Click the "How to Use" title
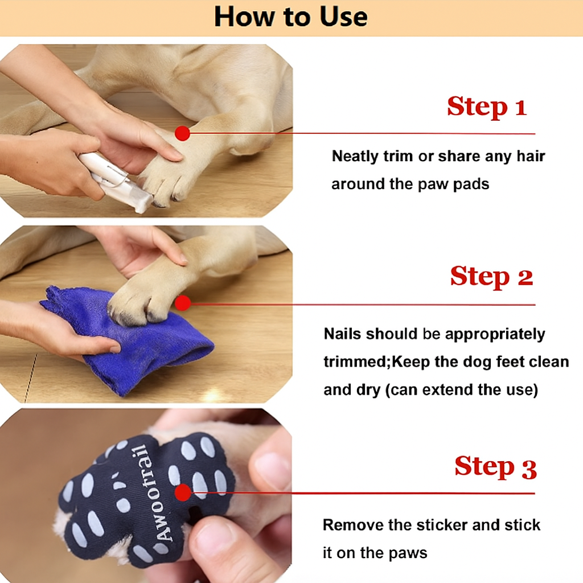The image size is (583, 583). point(291,17)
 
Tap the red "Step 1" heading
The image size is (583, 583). point(486,106)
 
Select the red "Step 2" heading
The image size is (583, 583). point(491,277)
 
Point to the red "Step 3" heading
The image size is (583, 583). point(495,467)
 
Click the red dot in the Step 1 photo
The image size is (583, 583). point(182,133)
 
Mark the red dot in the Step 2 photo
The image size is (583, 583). point(182,303)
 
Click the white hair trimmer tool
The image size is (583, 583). point(117,182)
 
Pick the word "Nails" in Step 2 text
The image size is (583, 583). point(343,334)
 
